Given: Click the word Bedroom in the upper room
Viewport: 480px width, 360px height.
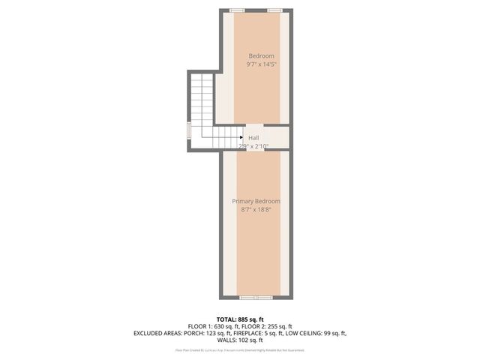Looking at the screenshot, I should click(261, 56).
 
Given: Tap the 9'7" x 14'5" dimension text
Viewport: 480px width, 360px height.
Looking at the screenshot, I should click(261, 65).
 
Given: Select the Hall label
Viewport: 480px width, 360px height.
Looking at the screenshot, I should click(253, 138).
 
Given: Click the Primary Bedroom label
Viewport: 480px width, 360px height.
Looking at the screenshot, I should click(256, 202).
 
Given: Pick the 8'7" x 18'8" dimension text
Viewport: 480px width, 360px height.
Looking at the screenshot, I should click(256, 211).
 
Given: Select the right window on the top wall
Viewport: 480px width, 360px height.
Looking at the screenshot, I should click(275, 10).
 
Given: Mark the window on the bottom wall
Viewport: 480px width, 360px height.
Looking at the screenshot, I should click(256, 297).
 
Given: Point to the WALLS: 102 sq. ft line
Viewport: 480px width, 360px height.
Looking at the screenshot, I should click(239, 340).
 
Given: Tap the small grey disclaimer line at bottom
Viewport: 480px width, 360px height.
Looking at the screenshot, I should click(239, 350).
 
